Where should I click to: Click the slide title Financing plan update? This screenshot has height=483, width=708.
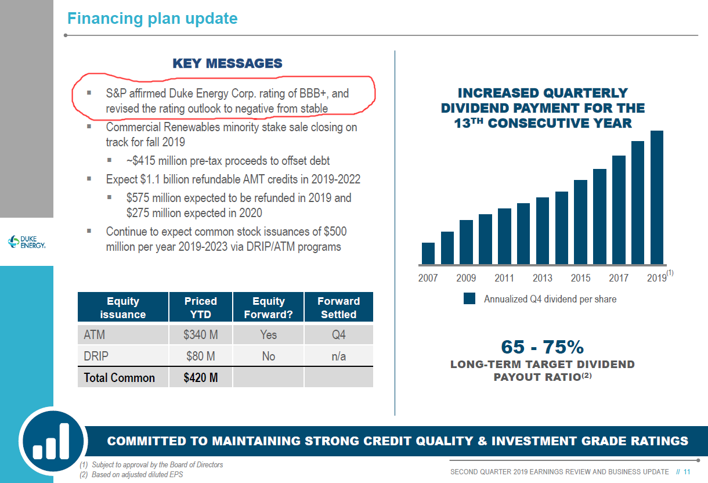click(x=152, y=19)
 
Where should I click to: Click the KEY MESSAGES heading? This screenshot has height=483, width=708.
click(x=227, y=64)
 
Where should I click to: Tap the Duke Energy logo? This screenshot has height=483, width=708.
click(x=27, y=241)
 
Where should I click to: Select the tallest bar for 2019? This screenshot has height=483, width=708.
click(x=656, y=197)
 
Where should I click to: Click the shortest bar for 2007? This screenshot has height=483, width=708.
click(x=428, y=253)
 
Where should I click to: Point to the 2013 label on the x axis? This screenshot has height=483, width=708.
click(x=542, y=279)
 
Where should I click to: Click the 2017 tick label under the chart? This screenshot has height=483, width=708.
click(x=618, y=279)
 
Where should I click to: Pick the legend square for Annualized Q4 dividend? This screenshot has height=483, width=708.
click(x=469, y=299)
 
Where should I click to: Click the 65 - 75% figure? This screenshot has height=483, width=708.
click(x=542, y=347)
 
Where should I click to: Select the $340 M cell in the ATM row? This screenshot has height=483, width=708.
click(x=200, y=335)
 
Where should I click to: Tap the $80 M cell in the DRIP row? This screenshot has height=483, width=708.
click(x=200, y=356)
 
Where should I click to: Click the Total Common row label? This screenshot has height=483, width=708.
click(x=120, y=378)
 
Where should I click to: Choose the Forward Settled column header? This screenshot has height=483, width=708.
click(x=338, y=308)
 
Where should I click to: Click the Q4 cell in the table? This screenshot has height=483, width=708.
click(x=338, y=335)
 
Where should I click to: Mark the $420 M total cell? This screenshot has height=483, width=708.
click(x=200, y=378)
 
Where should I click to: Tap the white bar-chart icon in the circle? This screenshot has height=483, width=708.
click(x=51, y=442)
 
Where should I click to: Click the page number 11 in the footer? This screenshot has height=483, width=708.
click(x=687, y=472)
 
